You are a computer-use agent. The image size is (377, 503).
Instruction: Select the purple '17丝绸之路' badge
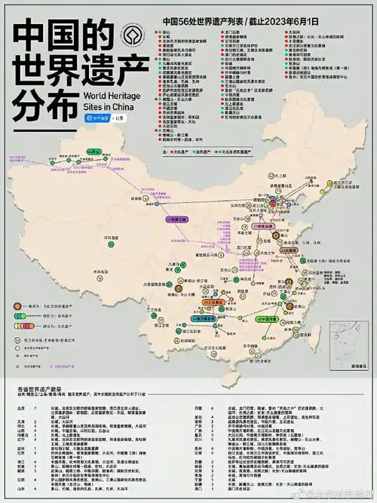[176, 219]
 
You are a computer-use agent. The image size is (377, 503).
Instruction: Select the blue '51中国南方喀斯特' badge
[204, 319]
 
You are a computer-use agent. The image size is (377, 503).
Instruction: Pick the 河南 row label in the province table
[200, 406]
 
